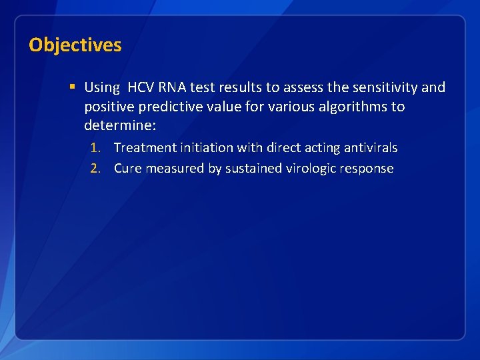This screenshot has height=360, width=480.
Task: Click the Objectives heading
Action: [x=75, y=45]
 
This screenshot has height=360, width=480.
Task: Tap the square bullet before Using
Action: [x=72, y=87]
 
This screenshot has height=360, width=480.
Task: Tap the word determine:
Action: [x=120, y=126]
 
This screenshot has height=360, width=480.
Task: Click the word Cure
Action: [x=127, y=169]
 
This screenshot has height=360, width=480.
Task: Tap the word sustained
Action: [x=253, y=169]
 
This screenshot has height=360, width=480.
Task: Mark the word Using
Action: [x=101, y=87]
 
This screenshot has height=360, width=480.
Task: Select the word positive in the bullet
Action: [x=107, y=107]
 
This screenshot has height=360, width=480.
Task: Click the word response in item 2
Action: [x=367, y=169]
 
